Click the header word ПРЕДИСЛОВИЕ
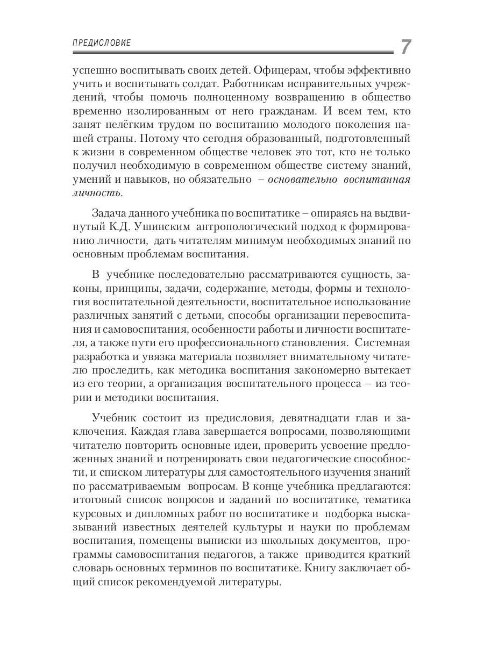click(101, 43)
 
